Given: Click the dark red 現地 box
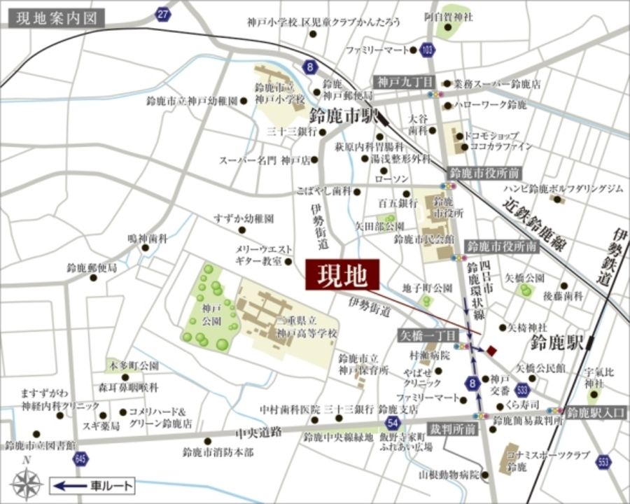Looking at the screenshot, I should (x=343, y=275).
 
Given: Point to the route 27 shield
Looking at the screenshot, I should (x=162, y=14).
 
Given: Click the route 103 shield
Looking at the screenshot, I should (x=428, y=50).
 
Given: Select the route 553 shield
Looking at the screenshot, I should (x=603, y=462).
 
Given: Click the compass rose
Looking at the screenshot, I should (x=27, y=483).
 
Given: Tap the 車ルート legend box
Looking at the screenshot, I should (x=92, y=484).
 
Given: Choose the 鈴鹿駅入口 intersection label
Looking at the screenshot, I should (x=596, y=412).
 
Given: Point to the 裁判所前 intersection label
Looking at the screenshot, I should (x=452, y=428).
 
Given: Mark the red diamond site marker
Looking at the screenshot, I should (x=492, y=350).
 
